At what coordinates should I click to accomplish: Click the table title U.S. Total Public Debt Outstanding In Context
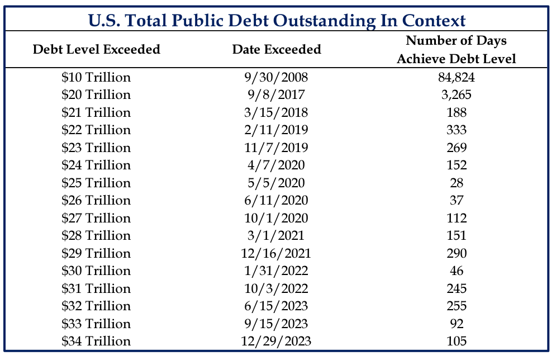pos(277,20)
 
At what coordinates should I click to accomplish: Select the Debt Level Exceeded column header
pos(97,49)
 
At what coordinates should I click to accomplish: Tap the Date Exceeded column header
pos(277,49)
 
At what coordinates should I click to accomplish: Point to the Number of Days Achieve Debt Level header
pos(457,50)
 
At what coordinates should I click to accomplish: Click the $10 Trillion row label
pos(96,77)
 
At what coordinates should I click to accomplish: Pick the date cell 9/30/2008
pos(276,77)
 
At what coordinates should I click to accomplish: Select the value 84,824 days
pos(457,77)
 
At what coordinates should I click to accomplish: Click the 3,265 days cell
pos(457,94)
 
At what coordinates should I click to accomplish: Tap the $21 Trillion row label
pos(96,112)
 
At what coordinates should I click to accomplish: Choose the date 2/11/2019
pos(276,130)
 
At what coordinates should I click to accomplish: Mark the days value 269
pos(457,148)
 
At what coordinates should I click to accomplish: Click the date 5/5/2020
pos(276,183)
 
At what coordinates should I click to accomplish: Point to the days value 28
pos(457,183)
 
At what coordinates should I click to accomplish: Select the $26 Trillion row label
pos(96,200)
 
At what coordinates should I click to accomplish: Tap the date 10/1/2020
pos(276,218)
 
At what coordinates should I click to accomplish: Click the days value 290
pos(457,253)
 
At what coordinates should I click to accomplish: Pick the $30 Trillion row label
pos(96,271)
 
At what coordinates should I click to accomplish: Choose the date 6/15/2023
pos(276,306)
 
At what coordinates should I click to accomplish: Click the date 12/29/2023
pos(276,341)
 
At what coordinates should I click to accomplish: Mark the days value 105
pos(457,341)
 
